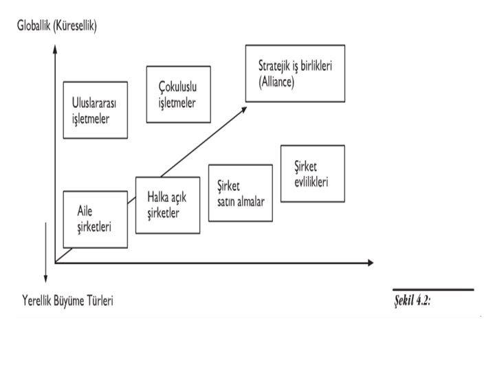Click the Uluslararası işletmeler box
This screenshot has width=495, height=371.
(x=95, y=110)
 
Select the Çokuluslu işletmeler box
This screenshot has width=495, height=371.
(x=177, y=94)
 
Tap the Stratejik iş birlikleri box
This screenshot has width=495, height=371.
(x=295, y=73)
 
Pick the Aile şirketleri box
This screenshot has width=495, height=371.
(x=95, y=219)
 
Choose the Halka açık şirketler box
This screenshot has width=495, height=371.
(x=168, y=205)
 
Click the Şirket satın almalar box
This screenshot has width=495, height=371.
(x=240, y=193)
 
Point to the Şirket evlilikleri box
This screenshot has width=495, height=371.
(x=312, y=173)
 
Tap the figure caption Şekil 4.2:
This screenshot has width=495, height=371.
(x=412, y=302)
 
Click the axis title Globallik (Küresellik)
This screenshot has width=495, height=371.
(x=58, y=26)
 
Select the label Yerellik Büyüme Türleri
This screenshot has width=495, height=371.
(x=67, y=301)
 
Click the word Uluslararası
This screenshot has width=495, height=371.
(x=95, y=104)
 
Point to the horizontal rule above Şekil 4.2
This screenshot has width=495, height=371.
(x=433, y=290)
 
